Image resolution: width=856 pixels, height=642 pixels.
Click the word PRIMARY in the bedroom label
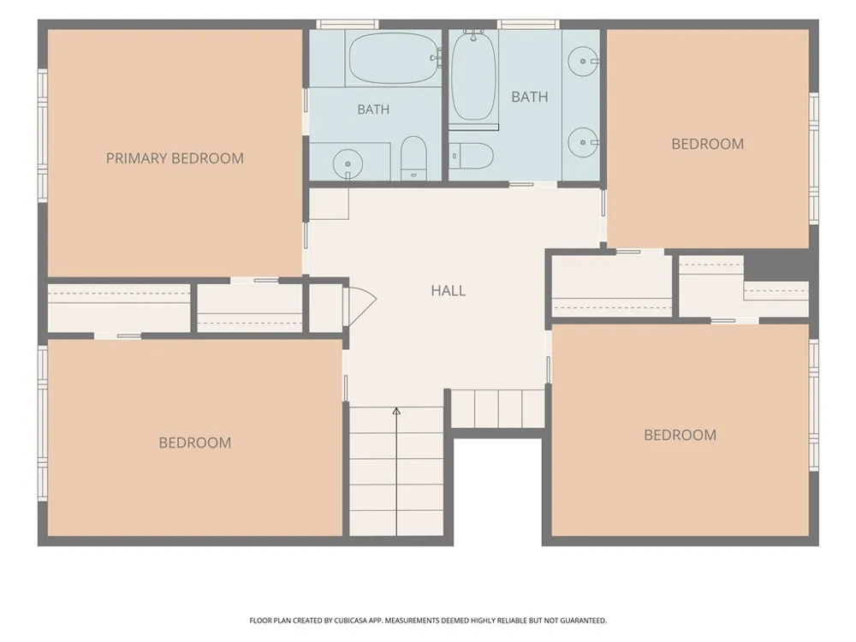pyautogui.click(x=136, y=158)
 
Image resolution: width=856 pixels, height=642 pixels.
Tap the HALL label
pyautogui.click(x=449, y=290)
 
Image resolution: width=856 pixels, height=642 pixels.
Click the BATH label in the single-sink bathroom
pyautogui.click(x=373, y=110)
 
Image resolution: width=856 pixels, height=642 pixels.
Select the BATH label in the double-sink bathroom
pyautogui.click(x=530, y=98)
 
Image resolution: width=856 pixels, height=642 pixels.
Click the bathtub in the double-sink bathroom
pyautogui.click(x=473, y=76)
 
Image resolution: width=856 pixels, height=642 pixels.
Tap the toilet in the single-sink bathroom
pyautogui.click(x=413, y=158)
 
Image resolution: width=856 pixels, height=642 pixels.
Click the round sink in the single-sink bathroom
pyautogui.click(x=348, y=163)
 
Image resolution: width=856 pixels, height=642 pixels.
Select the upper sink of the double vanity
pyautogui.click(x=583, y=61)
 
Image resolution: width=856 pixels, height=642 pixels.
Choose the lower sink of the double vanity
pyautogui.click(x=583, y=142)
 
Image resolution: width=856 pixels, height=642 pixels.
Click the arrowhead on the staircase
pyautogui.click(x=397, y=411)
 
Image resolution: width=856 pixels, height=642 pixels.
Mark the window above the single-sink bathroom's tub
pyautogui.click(x=348, y=24)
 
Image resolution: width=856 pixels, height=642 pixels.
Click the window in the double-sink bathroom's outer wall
pyautogui.click(x=528, y=24)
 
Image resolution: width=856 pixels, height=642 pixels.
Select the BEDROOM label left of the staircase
pyautogui.click(x=195, y=443)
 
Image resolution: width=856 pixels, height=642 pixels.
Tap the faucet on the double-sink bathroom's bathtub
pyautogui.click(x=473, y=35)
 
